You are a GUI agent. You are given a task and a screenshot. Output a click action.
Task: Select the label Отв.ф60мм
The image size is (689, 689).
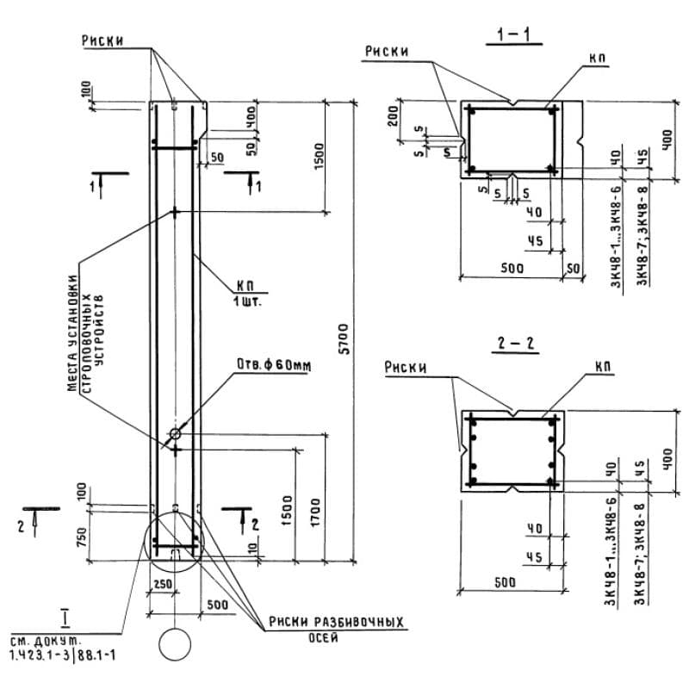pos(273,366)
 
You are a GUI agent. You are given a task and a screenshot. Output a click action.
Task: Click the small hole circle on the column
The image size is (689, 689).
pos(175,433)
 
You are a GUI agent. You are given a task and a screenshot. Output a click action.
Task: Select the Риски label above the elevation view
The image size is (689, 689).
pos(102,40)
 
